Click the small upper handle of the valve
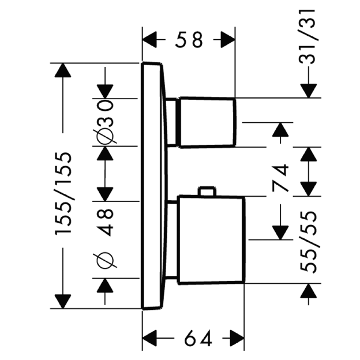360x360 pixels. click(x=208, y=122)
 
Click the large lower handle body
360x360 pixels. click(x=211, y=239)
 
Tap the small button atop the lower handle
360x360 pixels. click(x=206, y=192)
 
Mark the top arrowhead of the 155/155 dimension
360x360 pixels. click(x=62, y=71)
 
